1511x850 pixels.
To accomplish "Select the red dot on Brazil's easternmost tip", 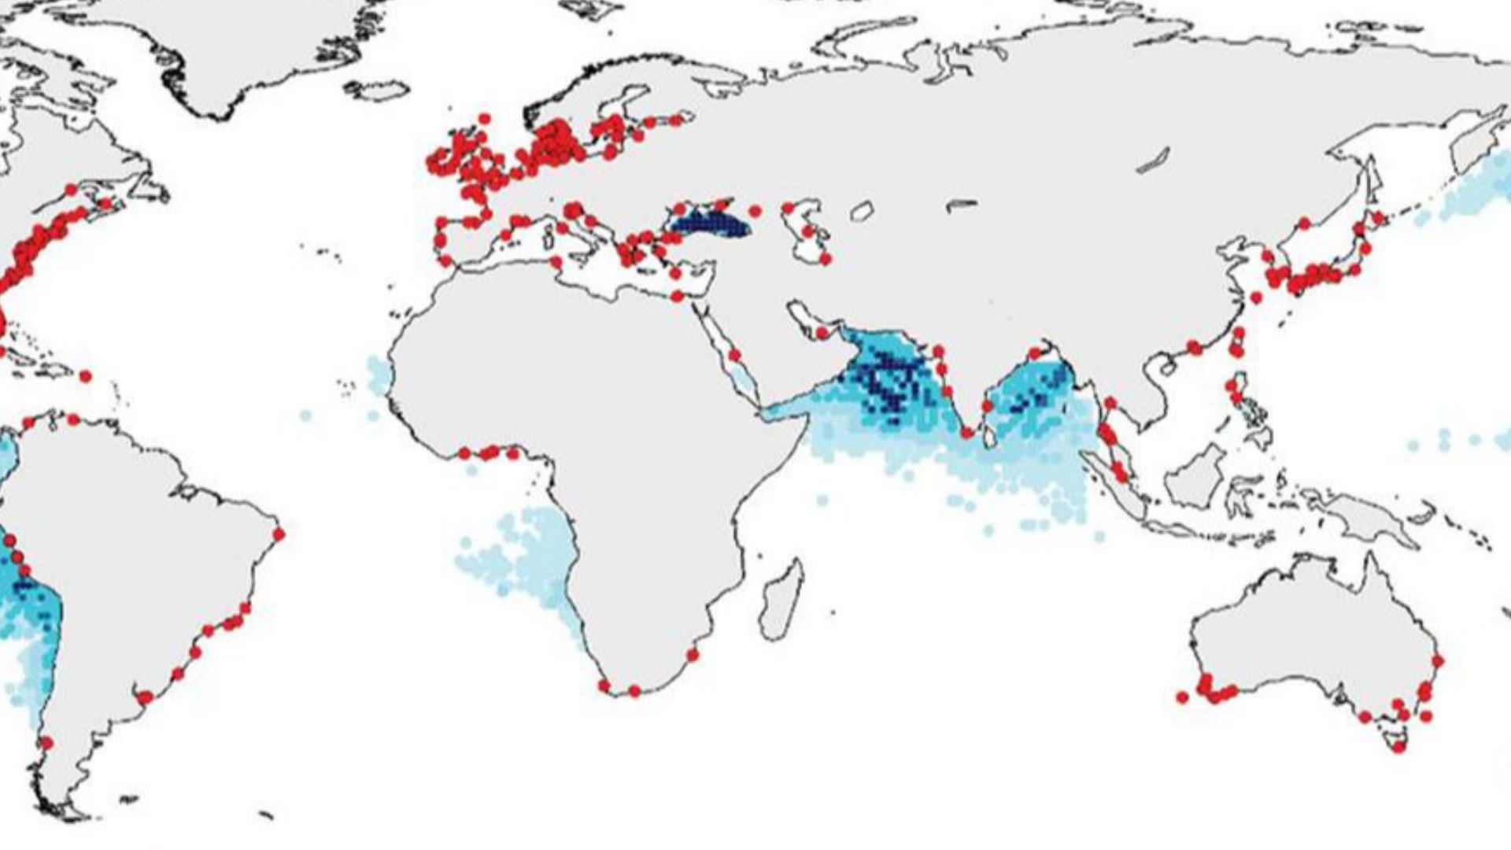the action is tap(279, 534).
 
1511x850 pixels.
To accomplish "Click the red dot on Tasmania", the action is tap(1398, 747).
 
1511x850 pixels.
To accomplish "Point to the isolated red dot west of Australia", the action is tap(1182, 697).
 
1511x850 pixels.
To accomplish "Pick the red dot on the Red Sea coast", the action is tap(734, 356).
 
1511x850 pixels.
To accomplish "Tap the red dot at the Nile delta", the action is tap(677, 296).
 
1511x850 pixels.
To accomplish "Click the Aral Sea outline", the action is tap(863, 211).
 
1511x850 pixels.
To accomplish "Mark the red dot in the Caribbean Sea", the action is tap(86, 376).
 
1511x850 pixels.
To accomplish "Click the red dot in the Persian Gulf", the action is tap(822, 334).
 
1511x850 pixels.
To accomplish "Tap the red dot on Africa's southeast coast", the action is tap(693, 654).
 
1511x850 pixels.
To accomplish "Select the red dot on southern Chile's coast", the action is tap(46, 742).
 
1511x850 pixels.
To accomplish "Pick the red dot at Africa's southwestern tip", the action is tap(604, 686).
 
